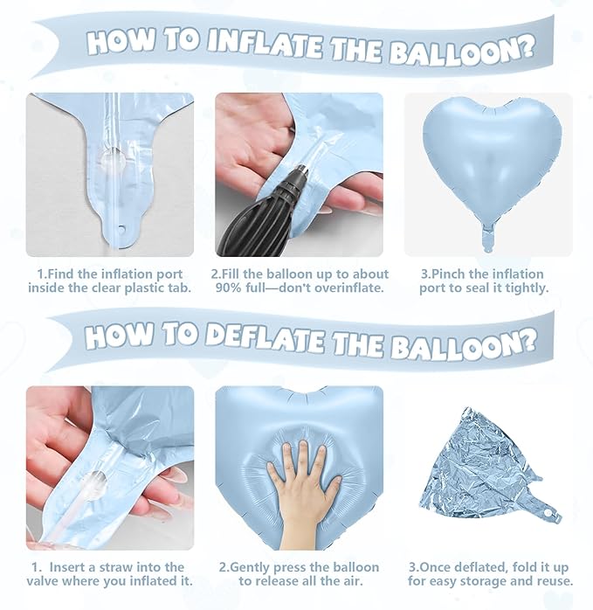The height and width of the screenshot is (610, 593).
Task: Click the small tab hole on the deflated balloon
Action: (x=548, y=514)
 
